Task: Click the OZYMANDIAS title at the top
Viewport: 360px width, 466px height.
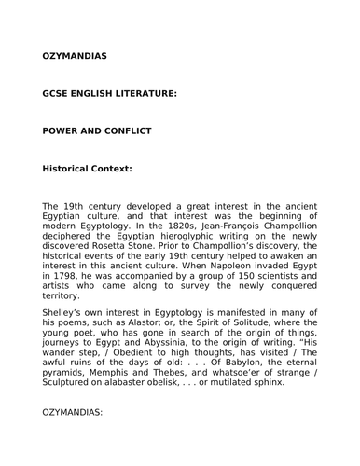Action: (75, 56)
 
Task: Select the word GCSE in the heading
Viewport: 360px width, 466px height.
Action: (58, 94)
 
